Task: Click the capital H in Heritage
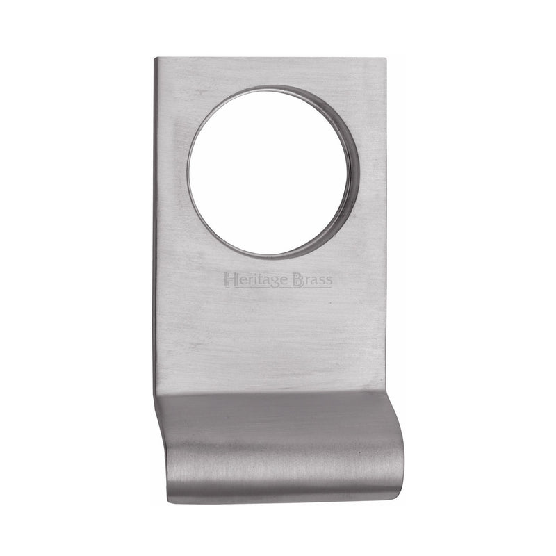pyautogui.click(x=230, y=279)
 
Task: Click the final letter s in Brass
pyautogui.click(x=328, y=280)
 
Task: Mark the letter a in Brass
pyautogui.click(x=313, y=280)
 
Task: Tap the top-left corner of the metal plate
pyautogui.click(x=156, y=59)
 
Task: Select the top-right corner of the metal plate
pyautogui.click(x=384, y=59)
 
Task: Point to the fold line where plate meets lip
pyautogui.click(x=271, y=393)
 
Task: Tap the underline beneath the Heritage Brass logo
pyautogui.click(x=278, y=287)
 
